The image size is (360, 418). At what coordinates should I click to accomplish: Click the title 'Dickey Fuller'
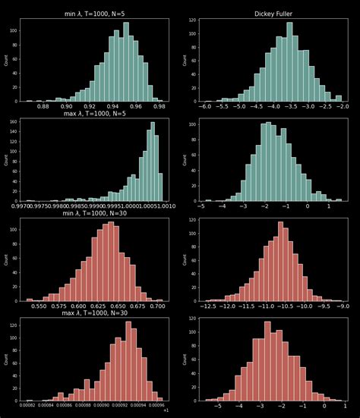[274, 14]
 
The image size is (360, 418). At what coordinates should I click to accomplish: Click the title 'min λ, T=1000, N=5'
[94, 14]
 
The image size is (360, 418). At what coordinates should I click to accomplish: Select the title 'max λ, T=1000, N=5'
[94, 114]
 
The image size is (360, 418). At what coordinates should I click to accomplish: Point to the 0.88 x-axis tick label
[43, 107]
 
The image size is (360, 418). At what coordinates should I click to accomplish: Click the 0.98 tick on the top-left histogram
[159, 107]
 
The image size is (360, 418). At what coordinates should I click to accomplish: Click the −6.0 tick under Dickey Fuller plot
[205, 107]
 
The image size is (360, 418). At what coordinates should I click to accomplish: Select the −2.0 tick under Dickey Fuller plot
[343, 107]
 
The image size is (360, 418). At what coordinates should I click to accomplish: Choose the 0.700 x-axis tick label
[157, 307]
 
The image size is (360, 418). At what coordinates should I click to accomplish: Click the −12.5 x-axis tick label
[210, 307]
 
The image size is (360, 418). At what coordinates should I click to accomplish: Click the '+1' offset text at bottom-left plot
[166, 411]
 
